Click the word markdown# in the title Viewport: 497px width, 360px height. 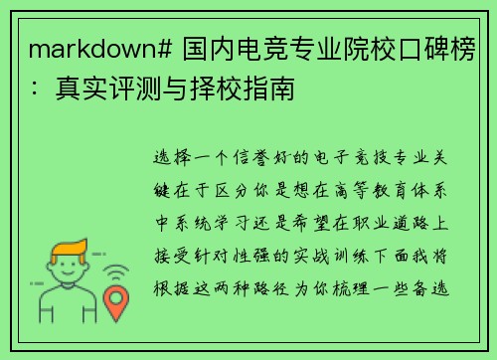pos(87,49)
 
